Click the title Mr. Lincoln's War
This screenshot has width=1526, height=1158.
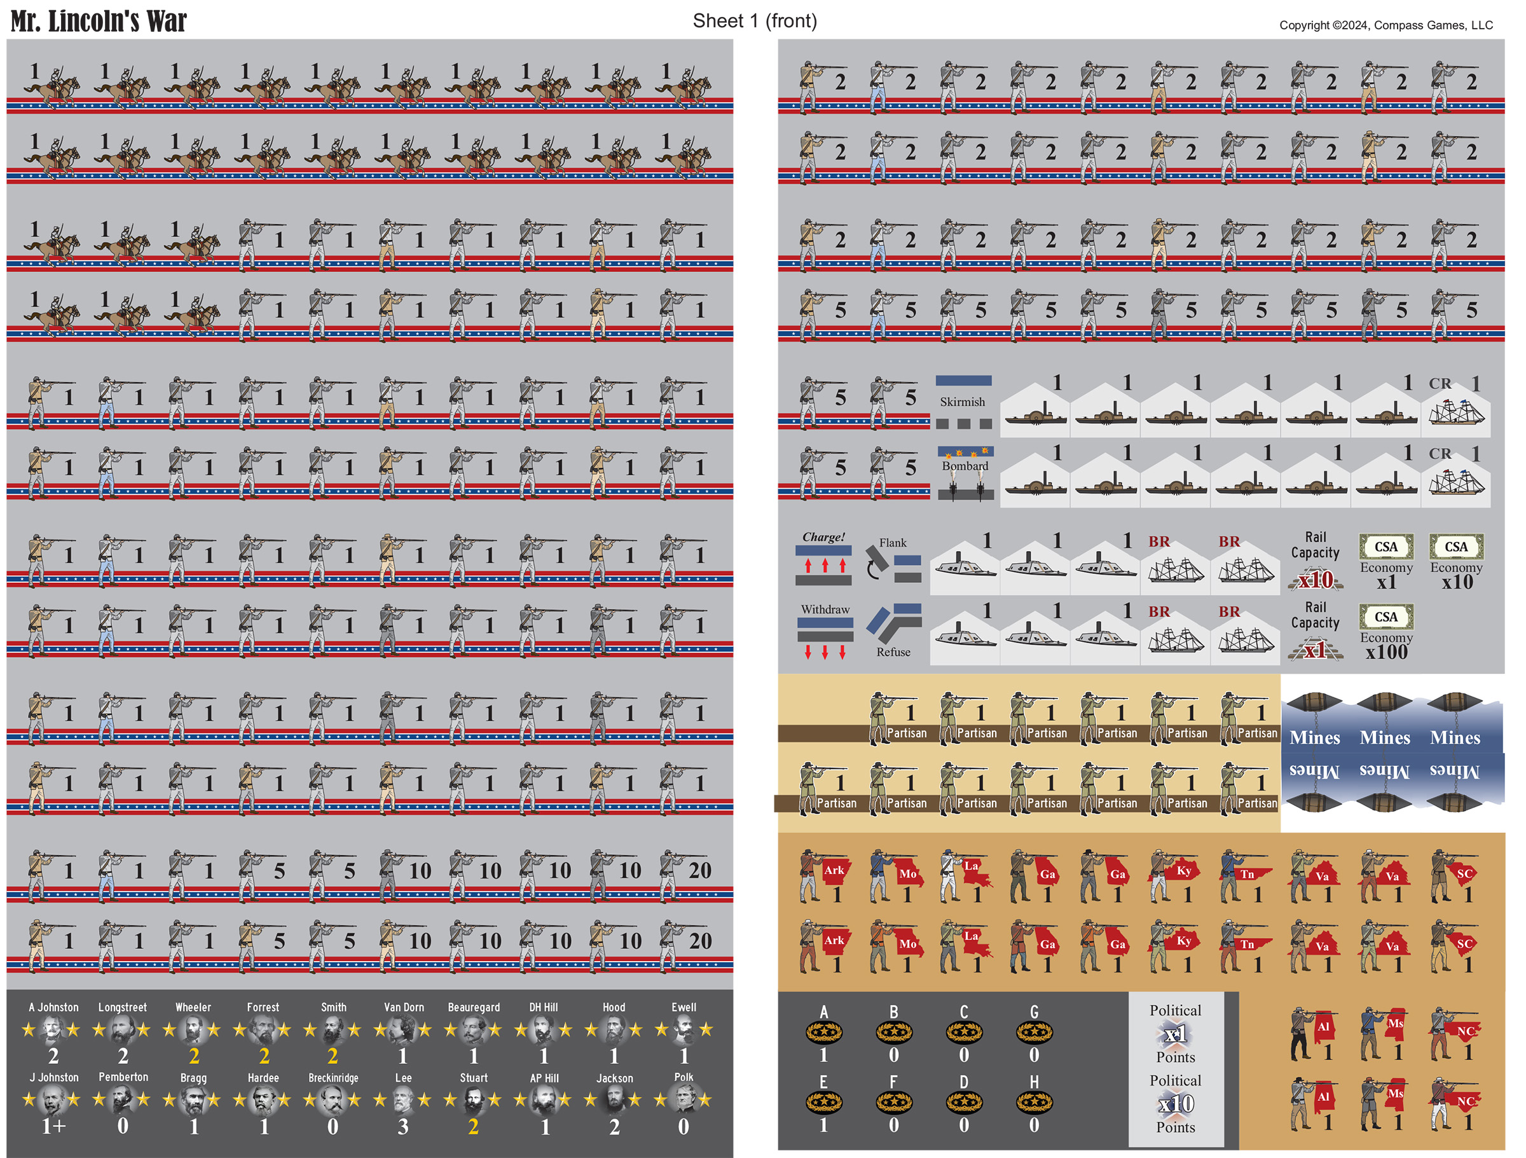point(99,21)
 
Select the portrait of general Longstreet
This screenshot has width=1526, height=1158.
point(123,1030)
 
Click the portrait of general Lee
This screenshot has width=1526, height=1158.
point(404,1100)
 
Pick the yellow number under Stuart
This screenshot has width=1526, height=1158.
point(473,1126)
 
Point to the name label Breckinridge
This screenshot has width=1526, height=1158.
point(333,1078)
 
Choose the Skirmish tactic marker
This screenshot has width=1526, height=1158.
point(964,402)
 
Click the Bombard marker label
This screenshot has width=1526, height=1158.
point(965,467)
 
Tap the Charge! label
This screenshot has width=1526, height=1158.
point(823,537)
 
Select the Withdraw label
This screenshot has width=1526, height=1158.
point(825,610)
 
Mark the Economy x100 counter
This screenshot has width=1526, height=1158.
point(1386,632)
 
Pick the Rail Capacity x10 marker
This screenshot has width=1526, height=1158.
point(1316,561)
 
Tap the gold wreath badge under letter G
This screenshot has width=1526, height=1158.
point(1034,1032)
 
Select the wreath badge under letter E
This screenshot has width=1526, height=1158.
point(823,1103)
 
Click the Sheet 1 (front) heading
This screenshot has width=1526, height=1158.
point(755,22)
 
